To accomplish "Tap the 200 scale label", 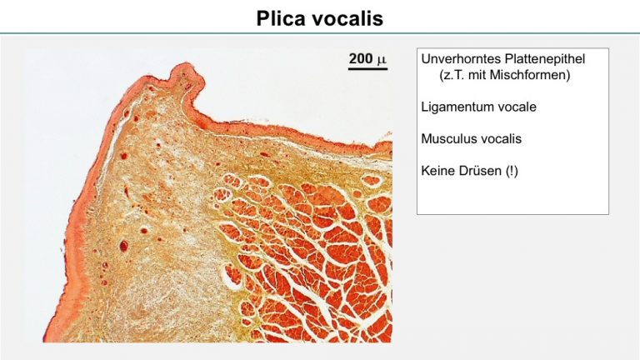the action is pyautogui.click(x=361, y=58).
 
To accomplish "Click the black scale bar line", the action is pyautogui.click(x=367, y=68).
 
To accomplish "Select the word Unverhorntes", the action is pyautogui.click(x=461, y=59).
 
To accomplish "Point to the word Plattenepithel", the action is pyautogui.click(x=544, y=59).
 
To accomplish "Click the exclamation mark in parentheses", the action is pyautogui.click(x=512, y=171).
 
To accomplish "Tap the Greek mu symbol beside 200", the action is pyautogui.click(x=381, y=60).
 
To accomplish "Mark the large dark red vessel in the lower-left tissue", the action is pyautogui.click(x=123, y=246).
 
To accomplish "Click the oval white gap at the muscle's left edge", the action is pyautogui.click(x=232, y=281).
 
